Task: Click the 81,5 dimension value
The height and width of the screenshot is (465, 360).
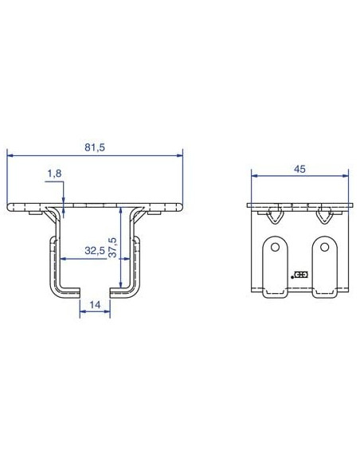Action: (x=95, y=147)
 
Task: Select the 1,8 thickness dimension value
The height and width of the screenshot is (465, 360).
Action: (x=54, y=174)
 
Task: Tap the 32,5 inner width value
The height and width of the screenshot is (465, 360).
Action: (x=95, y=251)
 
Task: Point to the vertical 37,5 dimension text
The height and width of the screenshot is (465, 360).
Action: (x=112, y=247)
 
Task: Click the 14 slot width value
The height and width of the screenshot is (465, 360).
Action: (x=95, y=305)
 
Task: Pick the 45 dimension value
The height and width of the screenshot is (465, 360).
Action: (x=299, y=169)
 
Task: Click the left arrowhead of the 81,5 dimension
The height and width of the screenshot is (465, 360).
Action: (x=10, y=155)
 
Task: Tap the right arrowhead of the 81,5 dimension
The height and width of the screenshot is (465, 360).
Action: (x=180, y=155)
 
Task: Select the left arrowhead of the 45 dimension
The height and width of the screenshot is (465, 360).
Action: (x=254, y=175)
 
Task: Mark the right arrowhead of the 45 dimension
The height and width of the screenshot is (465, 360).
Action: (x=346, y=175)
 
